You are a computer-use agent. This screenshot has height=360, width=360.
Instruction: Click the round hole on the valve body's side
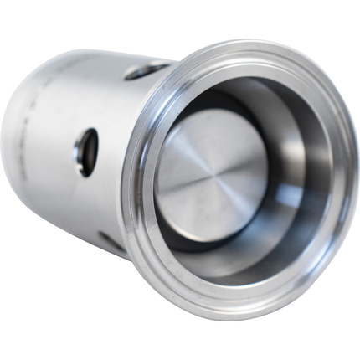pyautogui.click(x=86, y=152)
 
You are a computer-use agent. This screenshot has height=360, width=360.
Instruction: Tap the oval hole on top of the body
pyautogui.click(x=149, y=70)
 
